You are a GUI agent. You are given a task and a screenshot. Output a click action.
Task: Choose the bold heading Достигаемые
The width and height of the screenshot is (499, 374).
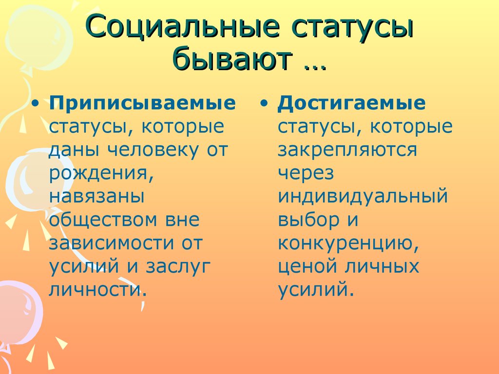351,104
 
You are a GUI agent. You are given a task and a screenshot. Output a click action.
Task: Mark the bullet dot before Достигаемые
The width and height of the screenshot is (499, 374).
265,104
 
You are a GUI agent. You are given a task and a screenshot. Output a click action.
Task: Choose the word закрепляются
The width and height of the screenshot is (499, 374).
347,150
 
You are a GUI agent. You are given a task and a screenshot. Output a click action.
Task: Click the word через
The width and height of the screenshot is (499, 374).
306,173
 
